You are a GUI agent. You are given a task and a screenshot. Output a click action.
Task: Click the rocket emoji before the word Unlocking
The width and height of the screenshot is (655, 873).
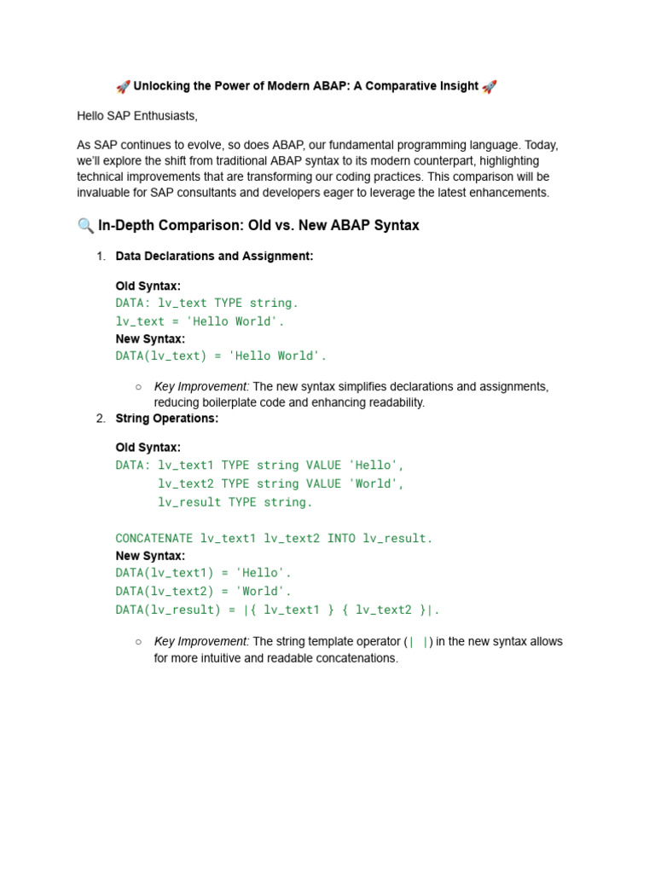coord(123,86)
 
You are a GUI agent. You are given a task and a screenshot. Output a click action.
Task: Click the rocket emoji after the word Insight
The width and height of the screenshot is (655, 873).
coord(490,86)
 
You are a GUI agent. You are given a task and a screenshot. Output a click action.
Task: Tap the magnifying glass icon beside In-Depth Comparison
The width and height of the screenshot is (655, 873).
coord(85,226)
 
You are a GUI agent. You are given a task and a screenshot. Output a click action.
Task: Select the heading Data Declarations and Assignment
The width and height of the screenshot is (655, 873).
coord(214,256)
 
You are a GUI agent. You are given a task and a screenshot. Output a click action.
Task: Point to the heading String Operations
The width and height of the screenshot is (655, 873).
coord(166,419)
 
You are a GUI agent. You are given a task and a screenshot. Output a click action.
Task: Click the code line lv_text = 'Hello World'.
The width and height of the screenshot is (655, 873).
coord(200,321)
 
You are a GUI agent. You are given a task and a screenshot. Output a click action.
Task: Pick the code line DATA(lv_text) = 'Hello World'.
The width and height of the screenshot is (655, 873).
coord(221,356)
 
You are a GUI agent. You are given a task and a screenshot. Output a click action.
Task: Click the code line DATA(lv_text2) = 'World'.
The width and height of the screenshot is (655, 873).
coord(203,591)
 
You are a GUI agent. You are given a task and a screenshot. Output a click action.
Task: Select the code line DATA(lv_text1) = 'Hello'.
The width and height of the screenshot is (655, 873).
coord(203,573)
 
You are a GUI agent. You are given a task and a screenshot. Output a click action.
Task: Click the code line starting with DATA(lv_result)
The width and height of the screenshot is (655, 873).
coord(277,610)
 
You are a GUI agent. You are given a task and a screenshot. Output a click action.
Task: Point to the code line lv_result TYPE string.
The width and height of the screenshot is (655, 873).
coord(235,502)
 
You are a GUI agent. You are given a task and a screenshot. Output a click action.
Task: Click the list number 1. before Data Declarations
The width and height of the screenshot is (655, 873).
coord(101,256)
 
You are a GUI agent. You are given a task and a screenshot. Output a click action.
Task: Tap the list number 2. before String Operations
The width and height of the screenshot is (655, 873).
coord(101,419)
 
